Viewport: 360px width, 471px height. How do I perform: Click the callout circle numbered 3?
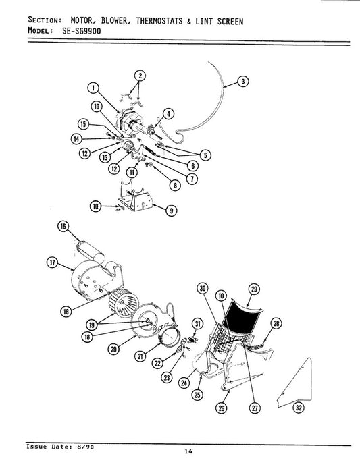point(243,82)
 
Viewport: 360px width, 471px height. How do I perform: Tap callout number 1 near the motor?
point(93,88)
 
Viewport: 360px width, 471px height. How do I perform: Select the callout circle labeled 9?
point(171,211)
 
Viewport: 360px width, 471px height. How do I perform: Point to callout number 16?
point(63,226)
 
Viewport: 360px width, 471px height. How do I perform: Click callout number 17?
point(52,262)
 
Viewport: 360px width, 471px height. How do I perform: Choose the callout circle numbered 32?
point(299,408)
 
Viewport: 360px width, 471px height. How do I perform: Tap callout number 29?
point(254,289)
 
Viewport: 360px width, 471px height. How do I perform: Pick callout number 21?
point(140,356)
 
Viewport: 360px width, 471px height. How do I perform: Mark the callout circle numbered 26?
point(222,408)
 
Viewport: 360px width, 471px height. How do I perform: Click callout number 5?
point(205,155)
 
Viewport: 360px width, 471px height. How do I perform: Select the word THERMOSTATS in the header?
point(159,21)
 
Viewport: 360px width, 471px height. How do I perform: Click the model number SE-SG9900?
point(82,31)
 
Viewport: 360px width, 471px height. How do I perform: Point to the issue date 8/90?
point(85,447)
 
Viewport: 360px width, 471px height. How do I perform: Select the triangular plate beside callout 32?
point(294,383)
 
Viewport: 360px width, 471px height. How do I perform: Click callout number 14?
point(76,139)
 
